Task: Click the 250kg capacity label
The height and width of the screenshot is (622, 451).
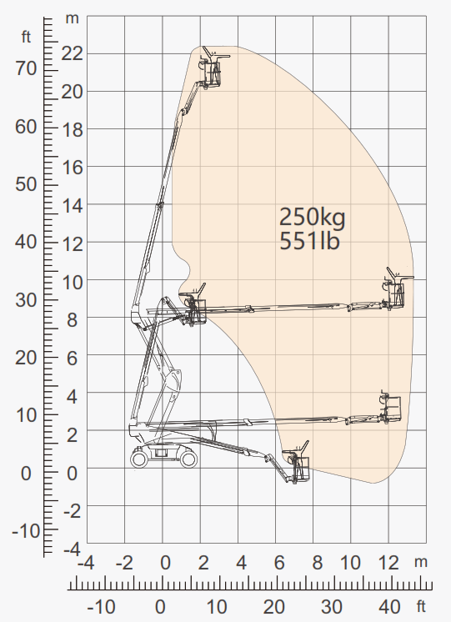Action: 313,218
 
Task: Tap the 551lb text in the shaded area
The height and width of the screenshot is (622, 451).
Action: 310,240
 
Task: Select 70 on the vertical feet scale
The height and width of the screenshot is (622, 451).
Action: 26,68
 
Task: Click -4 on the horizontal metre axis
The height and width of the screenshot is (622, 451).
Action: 86,563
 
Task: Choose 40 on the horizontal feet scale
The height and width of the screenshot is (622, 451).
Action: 389,607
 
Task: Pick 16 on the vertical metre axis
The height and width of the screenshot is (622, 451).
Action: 73,167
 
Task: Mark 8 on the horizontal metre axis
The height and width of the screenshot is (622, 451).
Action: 318,563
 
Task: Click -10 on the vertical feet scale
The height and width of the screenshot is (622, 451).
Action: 26,530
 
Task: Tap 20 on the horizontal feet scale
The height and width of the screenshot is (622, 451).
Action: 274,607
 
